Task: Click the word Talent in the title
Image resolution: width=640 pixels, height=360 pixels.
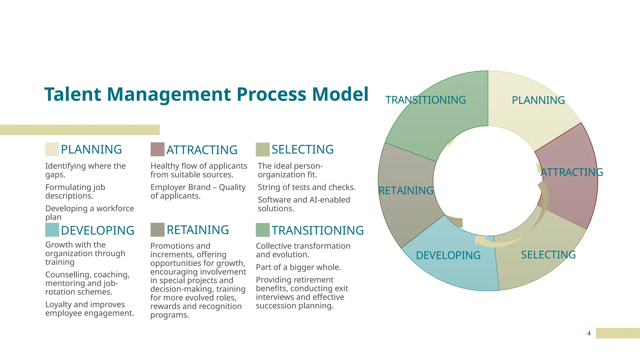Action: click(73, 94)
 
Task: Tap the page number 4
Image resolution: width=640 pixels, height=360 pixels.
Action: click(589, 333)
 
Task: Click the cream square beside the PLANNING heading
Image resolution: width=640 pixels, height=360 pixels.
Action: click(52, 149)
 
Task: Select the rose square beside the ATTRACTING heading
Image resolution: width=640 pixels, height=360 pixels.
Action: click(157, 149)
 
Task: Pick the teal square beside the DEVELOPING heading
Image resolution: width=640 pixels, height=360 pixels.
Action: click(52, 230)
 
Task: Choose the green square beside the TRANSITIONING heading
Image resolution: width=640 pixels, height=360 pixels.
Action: click(262, 230)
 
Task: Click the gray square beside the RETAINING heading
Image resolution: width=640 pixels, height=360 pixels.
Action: click(157, 230)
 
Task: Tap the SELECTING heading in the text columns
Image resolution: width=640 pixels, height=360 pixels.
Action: click(302, 149)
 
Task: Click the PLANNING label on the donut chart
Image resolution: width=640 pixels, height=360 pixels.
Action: click(538, 100)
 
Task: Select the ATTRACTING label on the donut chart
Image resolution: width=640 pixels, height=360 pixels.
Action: click(572, 172)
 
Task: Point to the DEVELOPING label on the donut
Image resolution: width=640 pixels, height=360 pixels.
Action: click(448, 255)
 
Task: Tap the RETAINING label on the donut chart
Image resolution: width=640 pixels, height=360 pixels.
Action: click(406, 190)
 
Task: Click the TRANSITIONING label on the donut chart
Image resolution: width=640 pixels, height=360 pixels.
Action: click(425, 100)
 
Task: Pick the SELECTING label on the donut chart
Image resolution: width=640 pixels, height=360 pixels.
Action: click(548, 255)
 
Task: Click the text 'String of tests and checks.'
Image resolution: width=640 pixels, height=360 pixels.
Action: click(307, 187)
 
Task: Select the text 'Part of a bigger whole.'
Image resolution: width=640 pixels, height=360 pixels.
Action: click(298, 267)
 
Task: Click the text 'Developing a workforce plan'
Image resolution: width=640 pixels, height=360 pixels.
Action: click(89, 212)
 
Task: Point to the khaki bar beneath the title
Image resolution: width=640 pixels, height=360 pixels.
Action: click(80, 130)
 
